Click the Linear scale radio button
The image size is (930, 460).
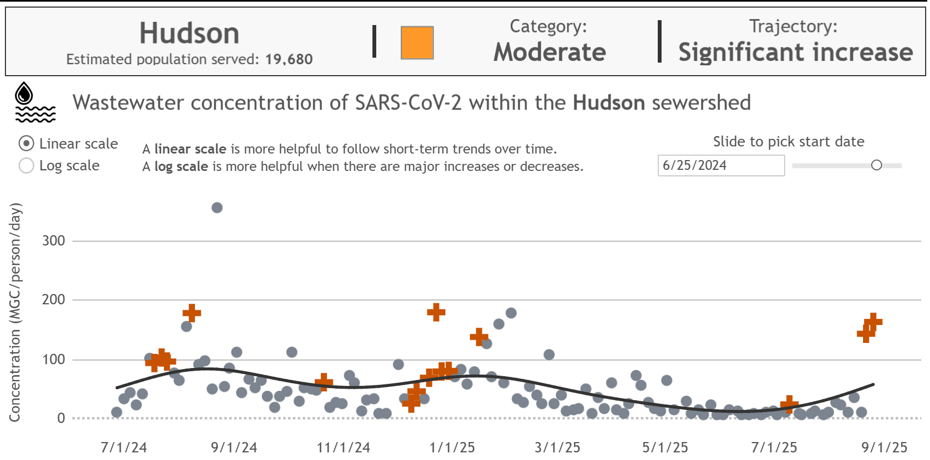26,144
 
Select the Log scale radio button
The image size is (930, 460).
26,165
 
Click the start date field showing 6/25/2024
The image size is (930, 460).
720,165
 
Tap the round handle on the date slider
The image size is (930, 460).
876,165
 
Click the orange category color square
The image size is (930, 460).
417,42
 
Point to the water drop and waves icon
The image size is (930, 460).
34,102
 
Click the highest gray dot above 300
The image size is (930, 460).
217,207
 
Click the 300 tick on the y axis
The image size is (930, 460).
53,241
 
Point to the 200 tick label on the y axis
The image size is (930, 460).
53,299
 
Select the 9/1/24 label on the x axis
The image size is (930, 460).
234,447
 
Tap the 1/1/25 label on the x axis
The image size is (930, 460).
452,447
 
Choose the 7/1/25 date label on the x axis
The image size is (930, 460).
774,447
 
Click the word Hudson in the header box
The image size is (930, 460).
189,33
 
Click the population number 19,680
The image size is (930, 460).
289,59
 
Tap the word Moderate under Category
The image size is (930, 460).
549,52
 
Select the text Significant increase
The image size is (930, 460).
795,52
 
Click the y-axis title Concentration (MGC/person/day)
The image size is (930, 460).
15,312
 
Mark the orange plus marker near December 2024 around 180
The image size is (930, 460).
436,312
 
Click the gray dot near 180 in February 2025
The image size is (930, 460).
511,313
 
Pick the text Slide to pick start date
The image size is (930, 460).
788,142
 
